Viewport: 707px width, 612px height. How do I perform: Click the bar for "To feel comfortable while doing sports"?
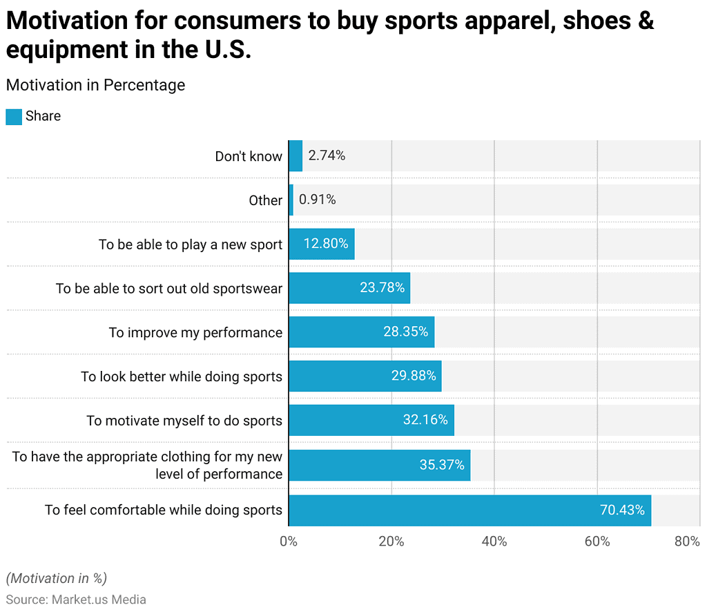[469, 510]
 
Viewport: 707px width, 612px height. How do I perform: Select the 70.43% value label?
[622, 510]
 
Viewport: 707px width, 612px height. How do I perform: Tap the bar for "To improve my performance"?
[361, 332]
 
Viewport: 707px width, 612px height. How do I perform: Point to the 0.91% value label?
[318, 200]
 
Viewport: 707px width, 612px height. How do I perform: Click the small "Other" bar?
[291, 200]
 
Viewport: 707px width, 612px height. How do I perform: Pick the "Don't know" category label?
[249, 156]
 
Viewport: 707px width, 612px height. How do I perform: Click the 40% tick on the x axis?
[494, 542]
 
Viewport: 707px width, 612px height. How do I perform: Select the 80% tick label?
[687, 542]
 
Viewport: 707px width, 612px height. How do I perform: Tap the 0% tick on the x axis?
[289, 542]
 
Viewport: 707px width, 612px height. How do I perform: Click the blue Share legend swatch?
[14, 117]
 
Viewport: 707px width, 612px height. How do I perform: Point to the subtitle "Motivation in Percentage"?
[95, 85]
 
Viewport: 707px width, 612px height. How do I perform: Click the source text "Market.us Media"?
[99, 600]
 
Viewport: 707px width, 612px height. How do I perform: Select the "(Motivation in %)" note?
[57, 578]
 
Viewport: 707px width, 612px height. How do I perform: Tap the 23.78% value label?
[382, 288]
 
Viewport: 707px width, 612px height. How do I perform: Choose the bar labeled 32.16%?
[371, 420]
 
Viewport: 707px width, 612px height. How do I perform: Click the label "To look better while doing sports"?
[182, 376]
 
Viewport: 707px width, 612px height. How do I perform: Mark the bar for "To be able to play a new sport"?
[321, 244]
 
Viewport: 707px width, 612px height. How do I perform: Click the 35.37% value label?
[442, 465]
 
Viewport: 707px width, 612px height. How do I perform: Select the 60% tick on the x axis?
[597, 542]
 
